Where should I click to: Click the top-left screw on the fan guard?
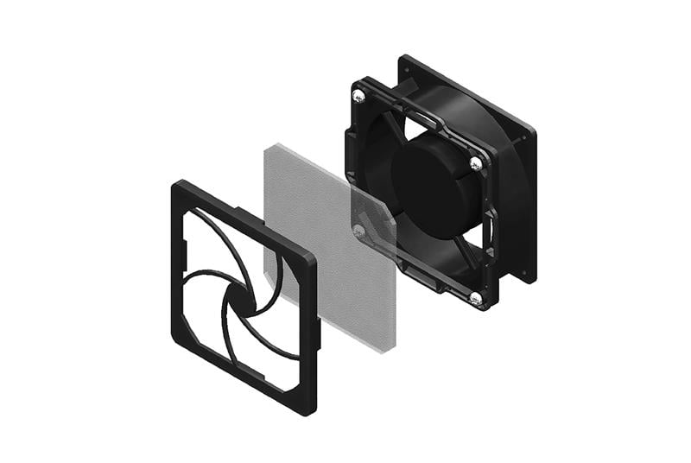click(x=358, y=96)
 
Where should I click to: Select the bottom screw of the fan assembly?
click(x=476, y=298)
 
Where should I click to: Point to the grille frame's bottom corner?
click(x=307, y=409)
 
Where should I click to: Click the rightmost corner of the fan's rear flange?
click(x=533, y=134)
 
